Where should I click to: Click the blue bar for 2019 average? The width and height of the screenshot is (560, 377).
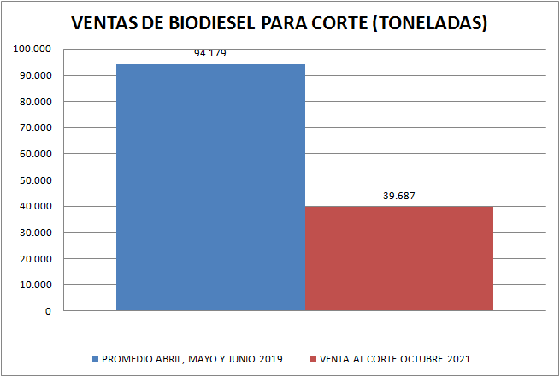pyautogui.click(x=210, y=186)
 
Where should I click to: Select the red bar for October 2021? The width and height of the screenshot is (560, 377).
pyautogui.click(x=399, y=257)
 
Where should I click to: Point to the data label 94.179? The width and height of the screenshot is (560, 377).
pyautogui.click(x=209, y=54)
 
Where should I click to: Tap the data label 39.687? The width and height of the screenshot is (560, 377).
pyautogui.click(x=399, y=196)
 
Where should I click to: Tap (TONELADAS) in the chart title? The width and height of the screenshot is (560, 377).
pyautogui.click(x=430, y=23)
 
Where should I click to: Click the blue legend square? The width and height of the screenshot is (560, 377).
pyautogui.click(x=95, y=358)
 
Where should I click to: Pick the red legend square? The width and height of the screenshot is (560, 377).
pyautogui.click(x=313, y=358)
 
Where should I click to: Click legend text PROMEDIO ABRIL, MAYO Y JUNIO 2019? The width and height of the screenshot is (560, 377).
pyautogui.click(x=192, y=358)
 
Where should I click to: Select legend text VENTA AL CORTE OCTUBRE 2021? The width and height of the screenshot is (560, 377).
pyautogui.click(x=395, y=358)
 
